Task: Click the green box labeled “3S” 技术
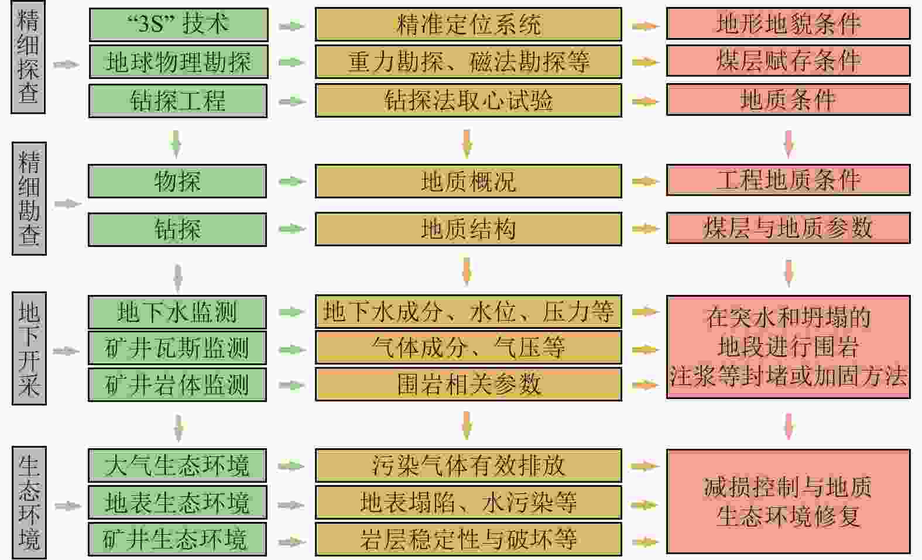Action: (178, 25)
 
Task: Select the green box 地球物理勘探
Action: (178, 62)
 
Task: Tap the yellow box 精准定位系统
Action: (468, 25)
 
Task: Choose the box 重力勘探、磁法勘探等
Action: (468, 62)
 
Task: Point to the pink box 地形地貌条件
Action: (788, 25)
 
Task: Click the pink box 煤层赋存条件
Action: (788, 61)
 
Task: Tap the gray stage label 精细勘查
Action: (29, 199)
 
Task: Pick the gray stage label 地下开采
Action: (29, 349)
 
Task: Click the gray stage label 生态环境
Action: (29, 502)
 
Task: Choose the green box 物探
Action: (177, 181)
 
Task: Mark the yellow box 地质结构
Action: (468, 229)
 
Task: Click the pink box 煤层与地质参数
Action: (788, 228)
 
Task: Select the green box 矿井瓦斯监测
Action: (177, 348)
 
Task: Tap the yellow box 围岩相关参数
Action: (468, 384)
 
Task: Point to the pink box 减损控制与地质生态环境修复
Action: (788, 501)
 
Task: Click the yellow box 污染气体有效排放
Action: (468, 466)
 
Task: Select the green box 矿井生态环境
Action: (177, 539)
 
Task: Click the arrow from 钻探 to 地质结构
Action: (292, 229)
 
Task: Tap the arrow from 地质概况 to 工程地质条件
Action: (645, 181)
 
